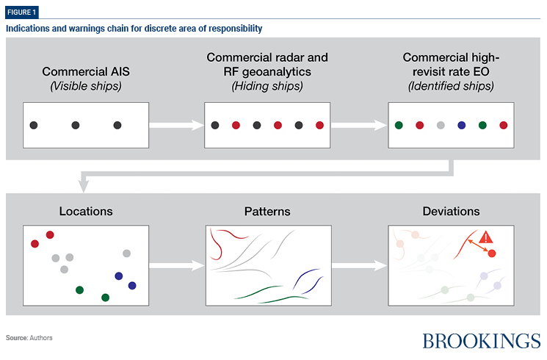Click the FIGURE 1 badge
tap(23, 12)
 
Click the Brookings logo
tap(481, 340)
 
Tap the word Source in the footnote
tap(16, 338)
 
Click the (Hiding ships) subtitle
tap(267, 86)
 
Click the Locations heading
tap(86, 211)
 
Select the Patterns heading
tap(267, 211)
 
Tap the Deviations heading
tap(451, 211)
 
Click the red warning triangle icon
tap(485, 238)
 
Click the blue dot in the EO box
tap(461, 126)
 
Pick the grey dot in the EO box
tap(440, 126)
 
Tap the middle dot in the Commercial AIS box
tap(76, 126)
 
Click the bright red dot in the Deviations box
tap(492, 253)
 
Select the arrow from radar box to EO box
tap(359, 126)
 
